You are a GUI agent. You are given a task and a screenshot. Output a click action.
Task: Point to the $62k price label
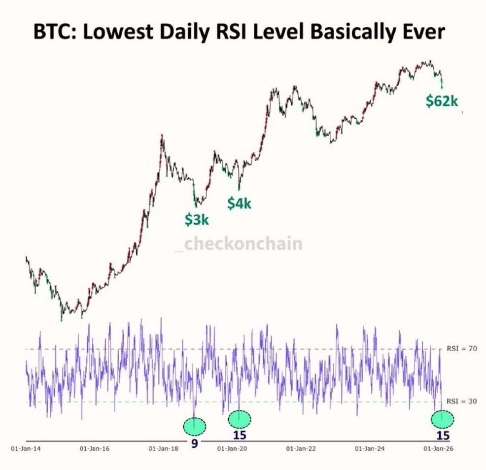[x=442, y=101]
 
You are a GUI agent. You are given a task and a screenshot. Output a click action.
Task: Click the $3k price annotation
[x=197, y=220]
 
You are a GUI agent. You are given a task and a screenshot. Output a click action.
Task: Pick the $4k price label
[x=239, y=203]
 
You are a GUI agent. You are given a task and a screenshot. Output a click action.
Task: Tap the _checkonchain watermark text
[x=239, y=243]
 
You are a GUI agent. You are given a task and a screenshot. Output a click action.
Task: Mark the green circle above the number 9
[x=194, y=425]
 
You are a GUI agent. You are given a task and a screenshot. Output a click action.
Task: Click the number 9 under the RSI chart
[x=194, y=443]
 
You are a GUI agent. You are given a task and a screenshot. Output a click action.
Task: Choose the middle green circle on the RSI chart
[x=240, y=419]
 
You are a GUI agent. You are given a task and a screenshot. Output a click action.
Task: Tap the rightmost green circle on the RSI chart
[x=442, y=419]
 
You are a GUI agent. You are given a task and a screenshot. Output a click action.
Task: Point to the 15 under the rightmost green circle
[x=443, y=436]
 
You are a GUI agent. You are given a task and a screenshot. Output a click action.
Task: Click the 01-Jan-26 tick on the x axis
[x=437, y=449]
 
